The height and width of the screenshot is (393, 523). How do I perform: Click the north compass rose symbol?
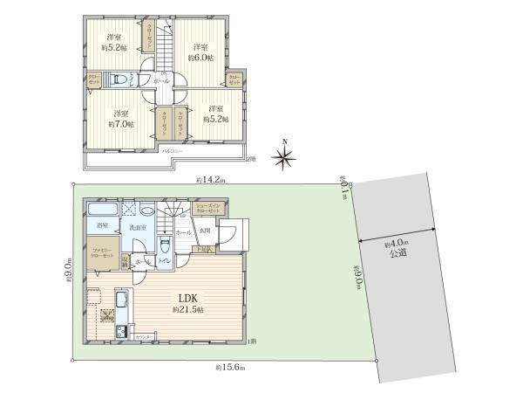282,156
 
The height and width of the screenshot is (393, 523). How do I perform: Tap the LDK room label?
187,297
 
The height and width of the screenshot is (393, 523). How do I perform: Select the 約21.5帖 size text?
187,310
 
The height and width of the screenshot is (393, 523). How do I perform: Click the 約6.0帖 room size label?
202,58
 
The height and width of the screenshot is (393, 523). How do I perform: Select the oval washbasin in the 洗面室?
146,212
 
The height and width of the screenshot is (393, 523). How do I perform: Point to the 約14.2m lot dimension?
210,180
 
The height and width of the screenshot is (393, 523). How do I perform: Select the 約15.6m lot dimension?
226,368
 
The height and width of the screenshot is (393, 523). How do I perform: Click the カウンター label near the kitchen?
145,335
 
